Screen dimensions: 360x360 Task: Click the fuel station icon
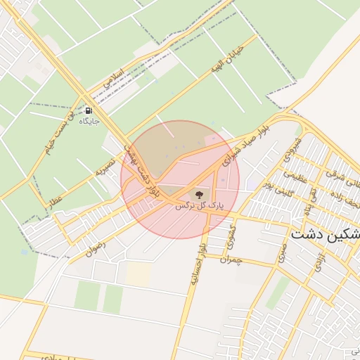point(89,110)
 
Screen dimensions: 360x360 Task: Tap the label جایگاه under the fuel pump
point(89,121)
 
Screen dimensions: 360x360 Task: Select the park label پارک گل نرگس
point(198,206)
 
